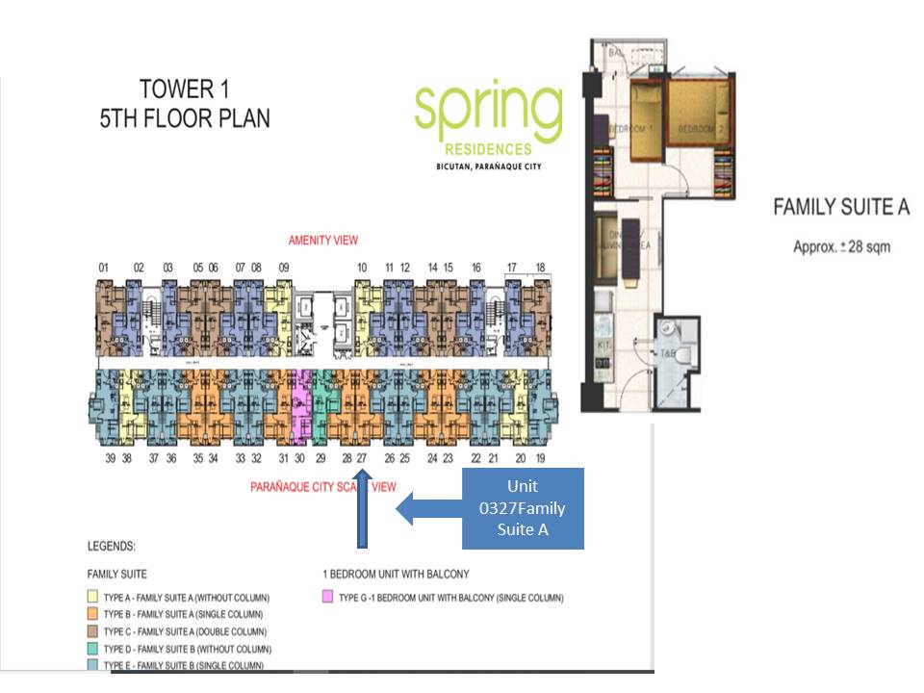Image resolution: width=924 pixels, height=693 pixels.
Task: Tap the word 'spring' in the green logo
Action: pos(488,112)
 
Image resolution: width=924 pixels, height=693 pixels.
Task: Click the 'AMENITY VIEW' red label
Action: pos(323,240)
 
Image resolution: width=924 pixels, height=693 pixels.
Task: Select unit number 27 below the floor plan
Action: pos(362,459)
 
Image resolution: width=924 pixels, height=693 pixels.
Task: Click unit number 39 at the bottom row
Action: pos(111,459)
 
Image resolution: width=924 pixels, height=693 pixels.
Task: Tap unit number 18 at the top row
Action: pos(540,268)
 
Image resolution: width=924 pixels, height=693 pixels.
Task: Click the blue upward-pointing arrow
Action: pos(362,509)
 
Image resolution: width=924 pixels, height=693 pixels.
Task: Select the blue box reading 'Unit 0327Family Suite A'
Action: pos(522,508)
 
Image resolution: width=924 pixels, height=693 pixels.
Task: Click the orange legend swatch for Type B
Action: pos(93,614)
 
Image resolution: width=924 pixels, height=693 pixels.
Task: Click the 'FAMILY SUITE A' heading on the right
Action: pos(841,207)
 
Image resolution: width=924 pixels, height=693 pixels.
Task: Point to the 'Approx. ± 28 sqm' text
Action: pos(841,246)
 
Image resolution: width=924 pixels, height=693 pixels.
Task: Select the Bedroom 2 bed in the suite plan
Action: pos(701,114)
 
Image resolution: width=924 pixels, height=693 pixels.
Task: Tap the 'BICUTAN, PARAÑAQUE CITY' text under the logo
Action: pos(488,167)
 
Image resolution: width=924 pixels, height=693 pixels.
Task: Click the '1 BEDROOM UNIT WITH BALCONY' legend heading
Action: pos(397,574)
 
